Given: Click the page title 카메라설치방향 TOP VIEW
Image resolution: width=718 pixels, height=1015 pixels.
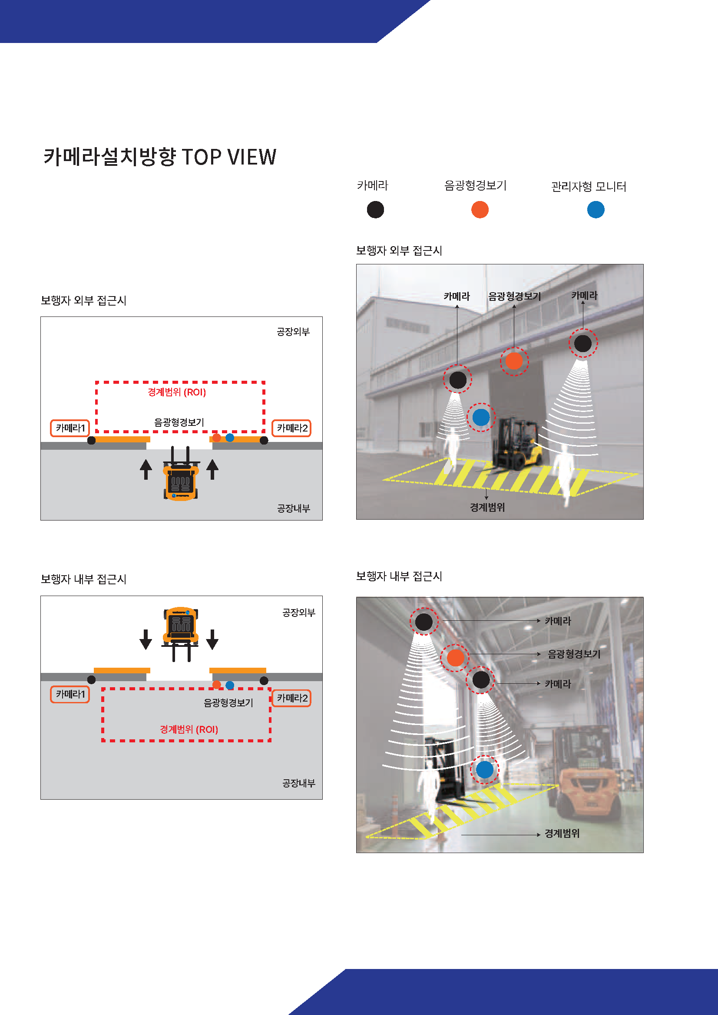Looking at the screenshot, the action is pos(160,157).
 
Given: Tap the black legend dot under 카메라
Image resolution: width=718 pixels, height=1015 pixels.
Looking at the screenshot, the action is pos(375,210).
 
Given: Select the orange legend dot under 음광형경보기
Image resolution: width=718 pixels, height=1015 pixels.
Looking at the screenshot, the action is pos(480,210).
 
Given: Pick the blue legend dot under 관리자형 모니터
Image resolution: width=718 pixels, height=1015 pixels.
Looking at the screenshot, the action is pos(596,210).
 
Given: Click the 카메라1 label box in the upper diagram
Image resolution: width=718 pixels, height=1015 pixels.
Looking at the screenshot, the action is pos(70,428).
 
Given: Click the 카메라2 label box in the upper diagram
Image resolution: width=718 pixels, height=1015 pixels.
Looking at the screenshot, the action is pos(291,428).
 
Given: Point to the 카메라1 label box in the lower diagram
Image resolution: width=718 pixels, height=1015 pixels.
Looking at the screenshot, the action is pos(70,694).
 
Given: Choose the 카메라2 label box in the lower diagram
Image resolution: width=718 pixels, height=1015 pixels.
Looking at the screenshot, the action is pos(291,698).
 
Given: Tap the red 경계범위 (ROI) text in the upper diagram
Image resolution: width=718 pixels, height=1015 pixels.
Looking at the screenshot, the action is pos(177,392).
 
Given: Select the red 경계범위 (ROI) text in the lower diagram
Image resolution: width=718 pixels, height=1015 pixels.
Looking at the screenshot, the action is pos(189,729).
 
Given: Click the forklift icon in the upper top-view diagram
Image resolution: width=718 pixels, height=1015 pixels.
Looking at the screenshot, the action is pos(181,474).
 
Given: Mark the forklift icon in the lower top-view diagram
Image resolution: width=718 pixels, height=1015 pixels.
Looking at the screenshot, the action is pos(181,634).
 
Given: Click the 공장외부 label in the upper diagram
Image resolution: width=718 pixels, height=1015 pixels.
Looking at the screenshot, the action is pos(293,332).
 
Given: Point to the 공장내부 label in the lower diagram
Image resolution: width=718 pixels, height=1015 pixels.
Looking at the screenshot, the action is pos(299,783).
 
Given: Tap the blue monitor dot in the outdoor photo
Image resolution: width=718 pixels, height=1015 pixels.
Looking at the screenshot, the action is pos(481,417).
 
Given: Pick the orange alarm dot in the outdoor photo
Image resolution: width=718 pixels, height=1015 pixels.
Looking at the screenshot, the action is pos(514,361).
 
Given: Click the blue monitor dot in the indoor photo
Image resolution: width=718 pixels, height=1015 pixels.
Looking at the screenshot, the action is pos(485,770).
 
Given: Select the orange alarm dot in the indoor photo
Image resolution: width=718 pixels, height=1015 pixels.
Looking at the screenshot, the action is pos(455,658).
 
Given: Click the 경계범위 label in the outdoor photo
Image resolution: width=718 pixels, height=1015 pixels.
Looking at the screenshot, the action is pos(487,507).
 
